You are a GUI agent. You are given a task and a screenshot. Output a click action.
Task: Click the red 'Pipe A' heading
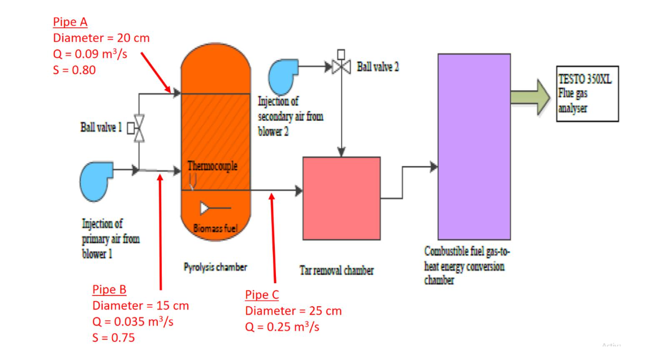coord(70,22)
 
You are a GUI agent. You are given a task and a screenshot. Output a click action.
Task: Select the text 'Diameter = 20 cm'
coord(101,38)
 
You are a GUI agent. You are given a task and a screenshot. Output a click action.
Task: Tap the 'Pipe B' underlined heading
coord(109,289)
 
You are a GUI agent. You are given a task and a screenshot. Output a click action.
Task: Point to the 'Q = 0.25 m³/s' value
coord(282,327)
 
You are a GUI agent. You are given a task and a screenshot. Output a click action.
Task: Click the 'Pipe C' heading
coord(262,294)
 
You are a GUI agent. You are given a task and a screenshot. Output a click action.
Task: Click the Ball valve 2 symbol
coord(341,66)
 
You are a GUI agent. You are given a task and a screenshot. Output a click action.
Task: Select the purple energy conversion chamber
coord(474,146)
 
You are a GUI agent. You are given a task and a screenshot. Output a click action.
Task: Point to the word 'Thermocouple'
coord(213,166)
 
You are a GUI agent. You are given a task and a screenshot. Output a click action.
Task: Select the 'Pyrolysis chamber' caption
coord(215,266)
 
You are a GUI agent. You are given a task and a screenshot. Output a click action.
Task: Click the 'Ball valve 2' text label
coord(378,67)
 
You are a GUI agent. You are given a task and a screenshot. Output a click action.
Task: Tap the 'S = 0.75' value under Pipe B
coord(114,338)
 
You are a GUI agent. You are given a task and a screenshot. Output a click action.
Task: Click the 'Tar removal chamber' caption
coord(336,271)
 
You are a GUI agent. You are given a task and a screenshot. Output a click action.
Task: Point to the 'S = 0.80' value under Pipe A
coord(74,70)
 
